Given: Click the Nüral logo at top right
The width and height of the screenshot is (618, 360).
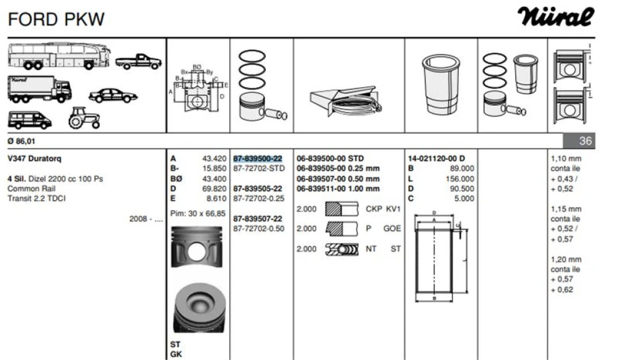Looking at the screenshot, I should (556, 17).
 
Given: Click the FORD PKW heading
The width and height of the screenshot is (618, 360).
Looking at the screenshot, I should (56, 19).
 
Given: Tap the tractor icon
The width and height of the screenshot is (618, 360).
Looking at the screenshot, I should (83, 117).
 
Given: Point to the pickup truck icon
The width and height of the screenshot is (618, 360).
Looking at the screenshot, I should (138, 61).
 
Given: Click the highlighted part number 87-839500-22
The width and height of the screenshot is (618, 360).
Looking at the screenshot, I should (257, 159).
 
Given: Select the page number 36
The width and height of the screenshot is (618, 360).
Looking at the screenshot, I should (585, 141).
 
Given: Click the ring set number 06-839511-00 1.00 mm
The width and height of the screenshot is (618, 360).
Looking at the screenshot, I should (338, 189).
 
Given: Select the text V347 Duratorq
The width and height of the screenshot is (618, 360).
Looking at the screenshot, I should (34, 159).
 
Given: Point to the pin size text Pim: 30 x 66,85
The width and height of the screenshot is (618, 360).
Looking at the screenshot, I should (198, 213).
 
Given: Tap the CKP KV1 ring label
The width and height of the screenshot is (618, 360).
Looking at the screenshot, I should (383, 209).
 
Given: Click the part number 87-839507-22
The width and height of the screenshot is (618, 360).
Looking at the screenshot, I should (257, 219).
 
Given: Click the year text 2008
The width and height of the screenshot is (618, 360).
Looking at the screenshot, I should (139, 219).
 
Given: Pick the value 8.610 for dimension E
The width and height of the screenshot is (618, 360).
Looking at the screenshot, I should (216, 199).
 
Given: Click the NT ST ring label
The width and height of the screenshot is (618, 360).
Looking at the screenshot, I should (383, 249).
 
